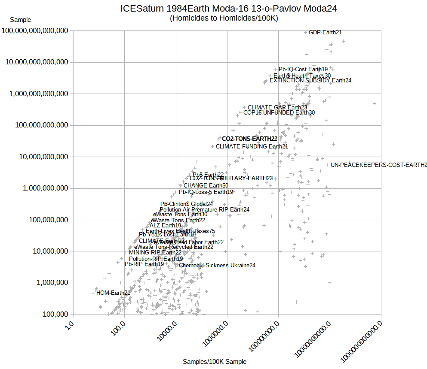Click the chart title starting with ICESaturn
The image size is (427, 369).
pos(228,8)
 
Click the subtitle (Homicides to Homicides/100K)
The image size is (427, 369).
pos(224,18)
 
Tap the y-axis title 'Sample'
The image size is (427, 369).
pos(20,20)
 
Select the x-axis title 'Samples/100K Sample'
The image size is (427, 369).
pos(215,362)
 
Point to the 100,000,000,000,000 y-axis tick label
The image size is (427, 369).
pos(36,31)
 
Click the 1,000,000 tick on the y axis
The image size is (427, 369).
pos(51,283)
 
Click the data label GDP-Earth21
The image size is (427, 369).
pos(326,32)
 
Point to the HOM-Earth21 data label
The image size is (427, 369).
pos(113,293)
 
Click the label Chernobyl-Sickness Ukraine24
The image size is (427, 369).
pos(217,265)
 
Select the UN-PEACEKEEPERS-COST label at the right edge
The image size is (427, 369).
pos(378,165)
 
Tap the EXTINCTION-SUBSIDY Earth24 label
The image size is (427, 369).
pos(310,80)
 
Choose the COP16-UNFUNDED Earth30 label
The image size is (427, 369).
pos(279,113)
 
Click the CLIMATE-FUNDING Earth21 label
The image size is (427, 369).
pos(252,146)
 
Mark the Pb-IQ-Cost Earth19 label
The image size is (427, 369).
pos(303,69)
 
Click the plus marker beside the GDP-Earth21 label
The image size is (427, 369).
pos(305,33)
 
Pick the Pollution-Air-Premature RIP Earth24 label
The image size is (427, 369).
pos(204,209)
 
